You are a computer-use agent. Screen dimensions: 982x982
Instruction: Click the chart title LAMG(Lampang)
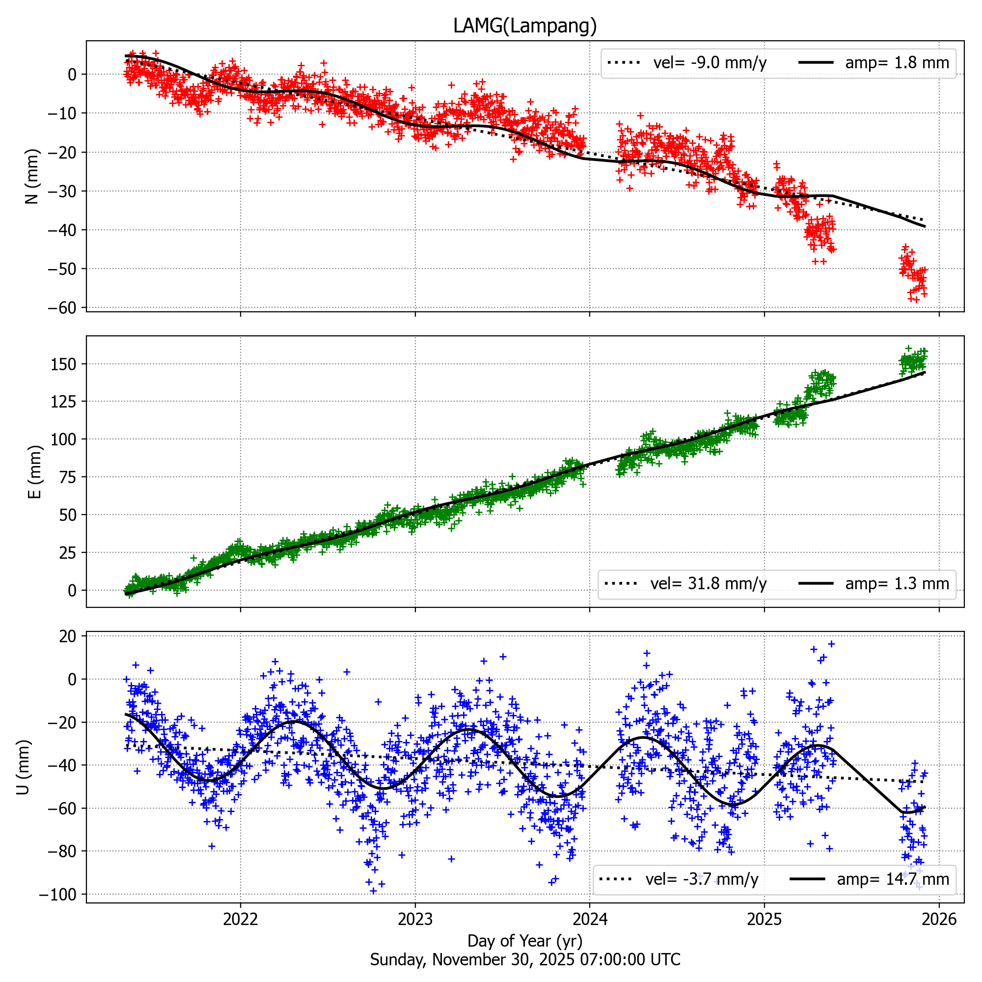point(524,26)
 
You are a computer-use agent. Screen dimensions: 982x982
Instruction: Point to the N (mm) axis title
point(32,176)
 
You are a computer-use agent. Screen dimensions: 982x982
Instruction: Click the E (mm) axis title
point(34,472)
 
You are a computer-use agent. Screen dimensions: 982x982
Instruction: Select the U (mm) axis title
point(24,767)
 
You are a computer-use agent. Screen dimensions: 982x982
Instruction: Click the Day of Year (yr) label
point(524,941)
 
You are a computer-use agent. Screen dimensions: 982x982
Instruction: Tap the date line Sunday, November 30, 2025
point(524,959)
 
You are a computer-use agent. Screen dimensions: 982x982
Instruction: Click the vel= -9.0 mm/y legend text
point(709,63)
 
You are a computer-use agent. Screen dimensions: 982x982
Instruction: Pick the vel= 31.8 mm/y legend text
point(708,583)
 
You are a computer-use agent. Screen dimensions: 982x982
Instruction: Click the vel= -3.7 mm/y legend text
point(702,879)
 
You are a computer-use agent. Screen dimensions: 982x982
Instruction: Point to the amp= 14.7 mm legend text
point(893,879)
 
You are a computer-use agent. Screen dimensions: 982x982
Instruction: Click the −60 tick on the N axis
point(62,308)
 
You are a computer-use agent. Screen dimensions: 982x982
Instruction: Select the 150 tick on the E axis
point(63,364)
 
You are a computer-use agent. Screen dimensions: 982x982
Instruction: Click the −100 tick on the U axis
point(57,894)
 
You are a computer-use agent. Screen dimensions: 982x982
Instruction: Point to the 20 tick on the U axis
point(68,636)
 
